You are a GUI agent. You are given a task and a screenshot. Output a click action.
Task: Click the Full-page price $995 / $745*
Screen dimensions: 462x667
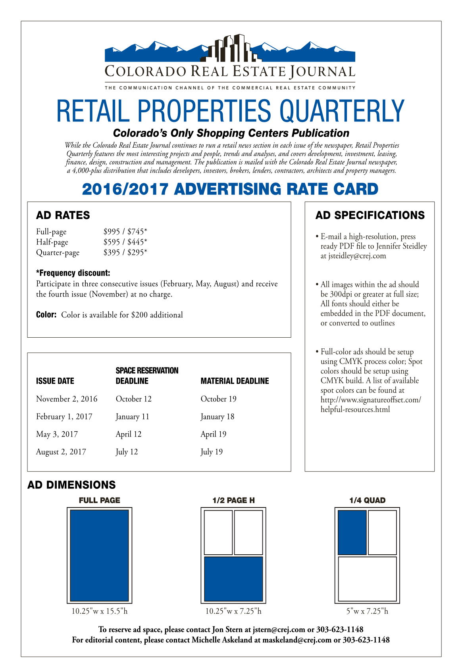[125, 231]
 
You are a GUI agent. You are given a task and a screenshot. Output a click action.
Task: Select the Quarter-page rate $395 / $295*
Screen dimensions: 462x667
[125, 252]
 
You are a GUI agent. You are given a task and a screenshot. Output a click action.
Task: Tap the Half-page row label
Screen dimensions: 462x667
[52, 242]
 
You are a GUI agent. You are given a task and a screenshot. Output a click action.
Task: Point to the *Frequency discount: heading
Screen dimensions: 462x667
[73, 273]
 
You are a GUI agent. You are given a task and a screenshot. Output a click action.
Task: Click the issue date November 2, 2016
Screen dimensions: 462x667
[67, 399]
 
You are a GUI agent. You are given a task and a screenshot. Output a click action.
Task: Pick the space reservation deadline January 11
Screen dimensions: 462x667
[132, 417]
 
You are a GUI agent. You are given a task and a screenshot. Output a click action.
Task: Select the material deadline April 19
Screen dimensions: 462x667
[213, 434]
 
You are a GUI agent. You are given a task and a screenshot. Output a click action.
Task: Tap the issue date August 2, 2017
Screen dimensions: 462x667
[61, 452]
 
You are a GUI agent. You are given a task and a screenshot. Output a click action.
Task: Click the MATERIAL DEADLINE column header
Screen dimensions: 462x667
[235, 381]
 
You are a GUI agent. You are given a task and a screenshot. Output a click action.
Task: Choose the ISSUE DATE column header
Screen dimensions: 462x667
[55, 381]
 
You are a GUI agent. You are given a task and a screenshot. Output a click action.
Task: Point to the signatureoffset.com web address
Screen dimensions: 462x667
[371, 404]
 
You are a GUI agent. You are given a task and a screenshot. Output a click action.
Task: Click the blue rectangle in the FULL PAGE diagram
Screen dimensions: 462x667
[99, 556]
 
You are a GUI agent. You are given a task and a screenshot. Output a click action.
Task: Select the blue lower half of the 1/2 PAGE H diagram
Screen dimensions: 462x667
[233, 579]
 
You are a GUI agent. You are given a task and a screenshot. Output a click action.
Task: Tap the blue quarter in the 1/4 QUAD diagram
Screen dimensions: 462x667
[352, 532]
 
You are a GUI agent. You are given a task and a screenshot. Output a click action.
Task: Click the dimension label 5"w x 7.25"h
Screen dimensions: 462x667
[367, 611]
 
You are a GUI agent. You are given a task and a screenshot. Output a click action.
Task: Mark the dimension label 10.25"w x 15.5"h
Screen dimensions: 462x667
[100, 611]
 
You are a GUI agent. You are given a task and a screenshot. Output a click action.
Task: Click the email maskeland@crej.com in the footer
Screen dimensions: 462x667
[296, 640]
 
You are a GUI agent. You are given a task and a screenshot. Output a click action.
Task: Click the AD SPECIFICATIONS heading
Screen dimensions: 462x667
[370, 215]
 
